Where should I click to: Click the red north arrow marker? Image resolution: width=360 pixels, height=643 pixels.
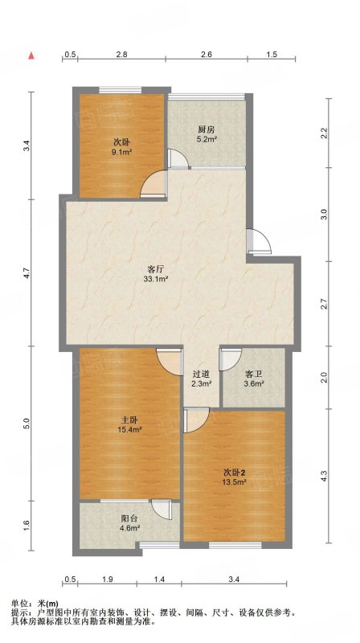point(31,55)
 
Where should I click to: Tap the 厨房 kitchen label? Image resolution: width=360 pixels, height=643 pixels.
point(206,129)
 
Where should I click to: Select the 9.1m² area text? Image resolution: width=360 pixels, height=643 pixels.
point(122,152)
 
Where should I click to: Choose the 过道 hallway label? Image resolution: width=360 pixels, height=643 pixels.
point(201,374)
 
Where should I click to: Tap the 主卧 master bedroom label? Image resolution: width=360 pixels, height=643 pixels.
point(129,420)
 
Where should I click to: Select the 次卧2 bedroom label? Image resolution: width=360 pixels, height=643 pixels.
point(235,473)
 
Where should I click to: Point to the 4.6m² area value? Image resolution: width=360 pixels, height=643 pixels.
point(131,528)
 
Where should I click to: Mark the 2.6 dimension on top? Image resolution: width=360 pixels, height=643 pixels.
point(207,54)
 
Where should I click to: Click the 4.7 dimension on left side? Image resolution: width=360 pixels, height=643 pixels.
point(27,273)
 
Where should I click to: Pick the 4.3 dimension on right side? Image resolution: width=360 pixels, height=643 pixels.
point(324,476)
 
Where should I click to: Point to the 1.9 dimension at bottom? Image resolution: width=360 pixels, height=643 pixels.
point(108,579)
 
